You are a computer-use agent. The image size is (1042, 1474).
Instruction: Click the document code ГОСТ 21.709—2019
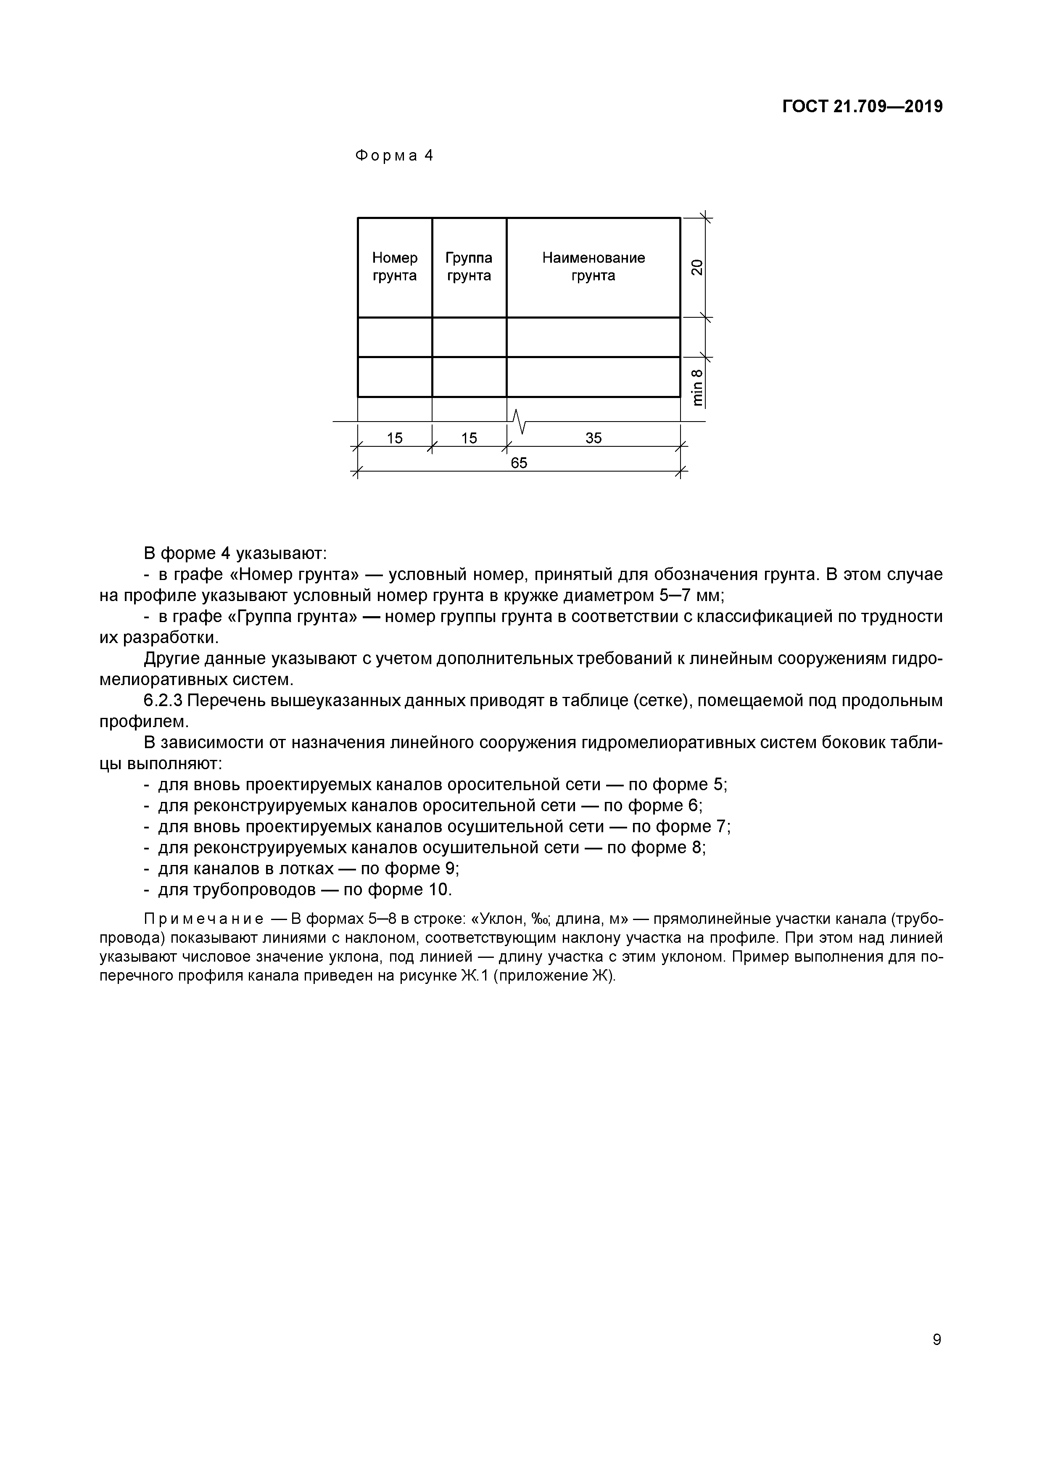862,107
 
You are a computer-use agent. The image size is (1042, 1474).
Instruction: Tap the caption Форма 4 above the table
394,156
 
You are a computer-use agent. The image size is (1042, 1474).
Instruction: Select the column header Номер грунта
394,266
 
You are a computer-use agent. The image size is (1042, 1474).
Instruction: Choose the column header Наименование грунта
593,266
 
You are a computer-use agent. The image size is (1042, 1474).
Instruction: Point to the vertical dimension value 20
696,267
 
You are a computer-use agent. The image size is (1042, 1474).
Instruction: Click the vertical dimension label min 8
697,387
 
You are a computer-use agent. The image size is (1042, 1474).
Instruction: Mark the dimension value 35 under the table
593,438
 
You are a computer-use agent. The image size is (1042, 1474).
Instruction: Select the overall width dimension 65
519,463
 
